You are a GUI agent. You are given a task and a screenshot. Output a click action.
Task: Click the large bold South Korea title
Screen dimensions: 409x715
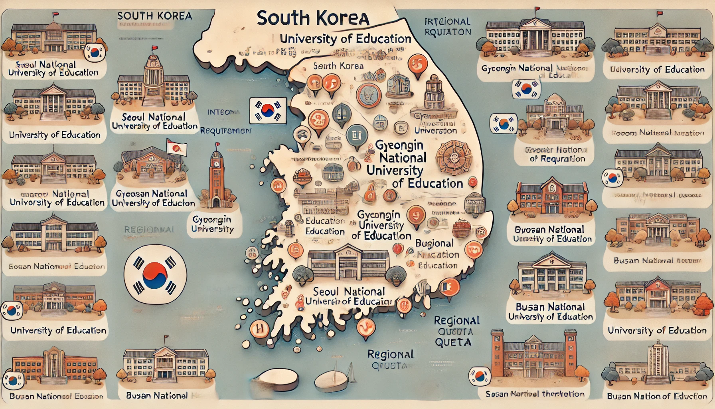click(x=313, y=18)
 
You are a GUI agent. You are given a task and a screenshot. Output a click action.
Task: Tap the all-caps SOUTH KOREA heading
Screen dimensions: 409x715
click(x=154, y=16)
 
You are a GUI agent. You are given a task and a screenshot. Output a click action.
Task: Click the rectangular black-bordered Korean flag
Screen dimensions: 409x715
click(x=268, y=110)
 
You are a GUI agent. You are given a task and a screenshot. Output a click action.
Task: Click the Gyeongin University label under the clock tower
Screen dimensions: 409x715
click(x=212, y=224)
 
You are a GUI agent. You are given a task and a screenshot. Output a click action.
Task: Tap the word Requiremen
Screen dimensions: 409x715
click(x=225, y=131)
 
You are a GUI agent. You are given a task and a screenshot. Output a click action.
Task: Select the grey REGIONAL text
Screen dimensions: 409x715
click(x=149, y=230)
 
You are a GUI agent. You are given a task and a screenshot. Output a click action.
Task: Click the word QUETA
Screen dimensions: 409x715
click(x=453, y=342)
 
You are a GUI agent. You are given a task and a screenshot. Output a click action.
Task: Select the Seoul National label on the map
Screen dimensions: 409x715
click(x=349, y=291)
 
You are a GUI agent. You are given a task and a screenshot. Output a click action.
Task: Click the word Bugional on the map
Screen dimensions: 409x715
click(x=434, y=243)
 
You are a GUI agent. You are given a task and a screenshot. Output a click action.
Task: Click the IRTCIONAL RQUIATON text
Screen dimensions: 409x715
click(x=447, y=26)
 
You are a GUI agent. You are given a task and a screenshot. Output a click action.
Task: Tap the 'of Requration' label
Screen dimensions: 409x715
click(x=557, y=159)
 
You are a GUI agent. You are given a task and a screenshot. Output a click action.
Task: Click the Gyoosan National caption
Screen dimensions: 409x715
click(x=151, y=194)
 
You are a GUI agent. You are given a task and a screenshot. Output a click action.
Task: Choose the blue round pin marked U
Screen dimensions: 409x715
click(x=357, y=135)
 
